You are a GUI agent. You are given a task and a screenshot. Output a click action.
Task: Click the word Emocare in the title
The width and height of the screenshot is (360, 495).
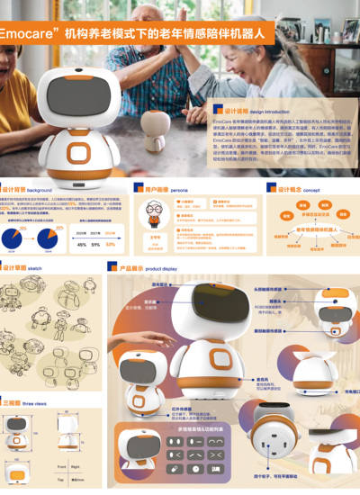(x=27, y=32)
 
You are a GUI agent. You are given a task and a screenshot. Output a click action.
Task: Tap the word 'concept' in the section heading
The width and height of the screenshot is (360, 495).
(x=311, y=190)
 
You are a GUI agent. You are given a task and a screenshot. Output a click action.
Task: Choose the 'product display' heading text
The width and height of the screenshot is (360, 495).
(x=161, y=268)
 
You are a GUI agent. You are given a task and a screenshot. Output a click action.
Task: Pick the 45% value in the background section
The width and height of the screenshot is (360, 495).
(x=82, y=244)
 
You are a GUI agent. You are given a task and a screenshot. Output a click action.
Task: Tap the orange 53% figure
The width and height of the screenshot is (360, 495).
(x=111, y=244)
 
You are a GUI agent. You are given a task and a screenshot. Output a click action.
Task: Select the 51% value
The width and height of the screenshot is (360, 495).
(x=95, y=244)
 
